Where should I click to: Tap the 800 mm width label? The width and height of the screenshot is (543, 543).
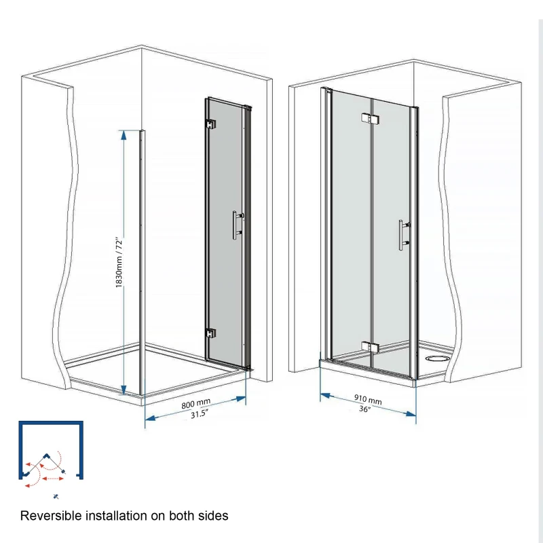[x=195, y=405]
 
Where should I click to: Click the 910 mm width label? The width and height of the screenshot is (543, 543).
[x=367, y=400]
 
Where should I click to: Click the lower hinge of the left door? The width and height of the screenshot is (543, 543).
[x=210, y=334]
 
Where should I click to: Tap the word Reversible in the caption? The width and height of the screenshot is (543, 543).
[x=50, y=516]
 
